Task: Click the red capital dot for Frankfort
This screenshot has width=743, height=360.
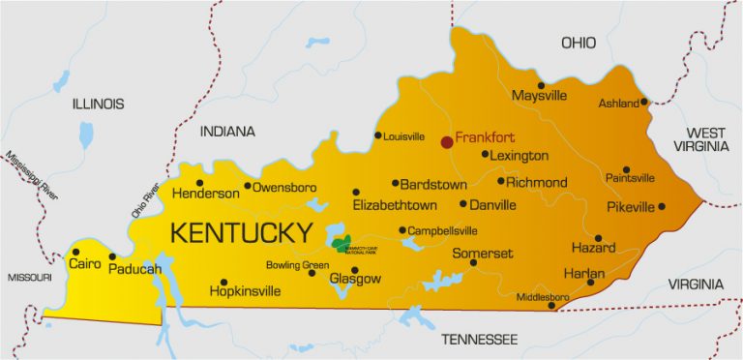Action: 446,142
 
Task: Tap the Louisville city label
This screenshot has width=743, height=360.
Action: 404,136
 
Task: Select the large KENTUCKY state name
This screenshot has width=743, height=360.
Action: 241,232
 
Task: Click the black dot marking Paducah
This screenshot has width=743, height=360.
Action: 112,257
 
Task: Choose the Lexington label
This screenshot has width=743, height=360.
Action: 520,156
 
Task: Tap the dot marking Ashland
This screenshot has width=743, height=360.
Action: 644,101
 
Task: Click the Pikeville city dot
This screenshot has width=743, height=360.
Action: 662,206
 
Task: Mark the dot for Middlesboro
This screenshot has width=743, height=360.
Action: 551,307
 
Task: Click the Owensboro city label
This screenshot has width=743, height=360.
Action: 284,187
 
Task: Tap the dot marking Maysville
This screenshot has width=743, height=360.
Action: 541,85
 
